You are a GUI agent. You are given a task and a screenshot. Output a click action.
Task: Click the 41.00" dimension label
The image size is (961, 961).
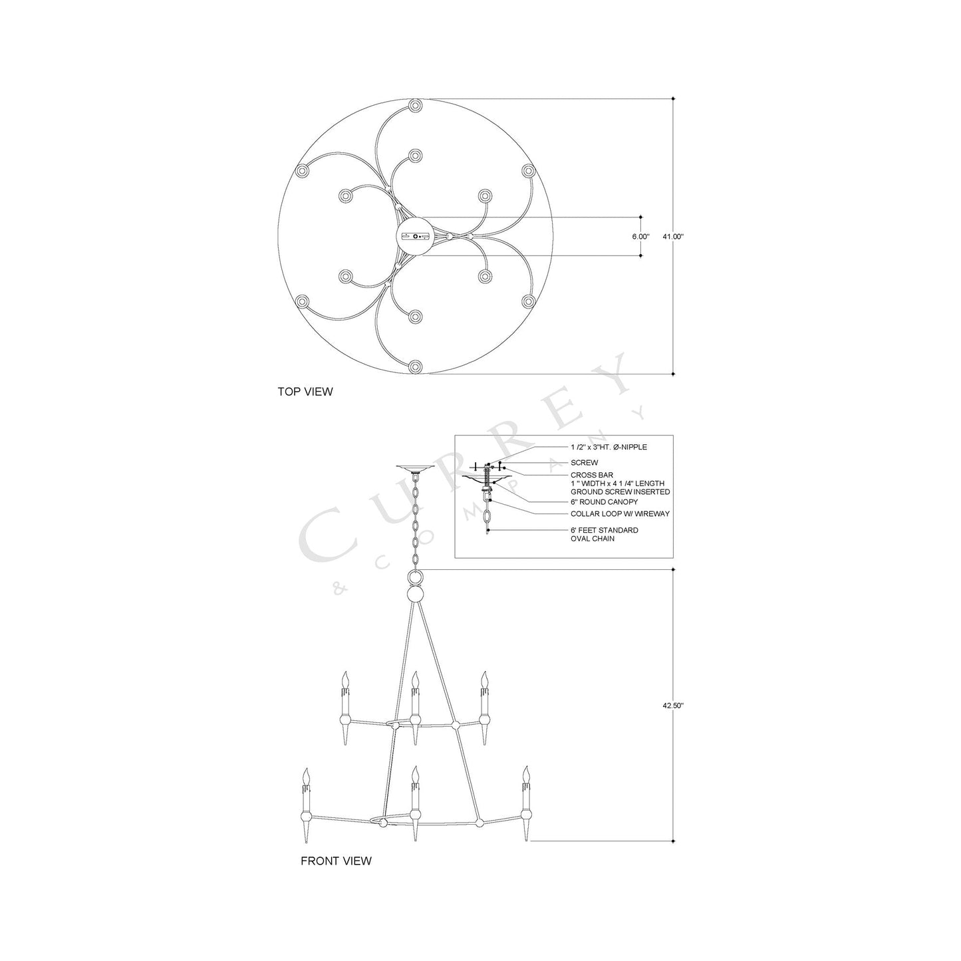click(673, 236)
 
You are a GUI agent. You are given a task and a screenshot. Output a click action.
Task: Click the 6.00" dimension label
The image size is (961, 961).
click(640, 236)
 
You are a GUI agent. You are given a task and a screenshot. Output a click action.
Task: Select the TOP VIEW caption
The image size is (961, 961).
click(305, 392)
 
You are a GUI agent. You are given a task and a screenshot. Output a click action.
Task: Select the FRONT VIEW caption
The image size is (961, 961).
click(336, 861)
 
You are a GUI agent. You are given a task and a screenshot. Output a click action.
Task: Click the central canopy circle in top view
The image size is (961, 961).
click(416, 236)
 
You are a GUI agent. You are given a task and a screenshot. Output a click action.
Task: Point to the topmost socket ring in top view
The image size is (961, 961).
click(416, 106)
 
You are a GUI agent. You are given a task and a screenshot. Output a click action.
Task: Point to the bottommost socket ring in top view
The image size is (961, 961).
click(416, 366)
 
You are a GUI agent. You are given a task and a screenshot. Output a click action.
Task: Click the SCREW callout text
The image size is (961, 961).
click(584, 462)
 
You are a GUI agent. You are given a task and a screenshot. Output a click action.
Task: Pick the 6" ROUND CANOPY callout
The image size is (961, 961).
click(604, 502)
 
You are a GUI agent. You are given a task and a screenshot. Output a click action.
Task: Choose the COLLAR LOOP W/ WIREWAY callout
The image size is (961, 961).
click(620, 514)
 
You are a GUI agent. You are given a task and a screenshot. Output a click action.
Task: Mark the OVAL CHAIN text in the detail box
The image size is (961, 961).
click(592, 539)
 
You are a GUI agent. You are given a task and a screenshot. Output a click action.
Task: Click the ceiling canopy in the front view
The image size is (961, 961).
click(416, 468)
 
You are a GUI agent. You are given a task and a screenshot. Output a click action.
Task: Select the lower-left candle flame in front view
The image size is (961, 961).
click(307, 776)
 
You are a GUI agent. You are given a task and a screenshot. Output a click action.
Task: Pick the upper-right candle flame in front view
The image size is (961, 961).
click(485, 680)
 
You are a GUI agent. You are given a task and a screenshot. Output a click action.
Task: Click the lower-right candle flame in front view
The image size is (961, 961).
click(526, 775)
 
